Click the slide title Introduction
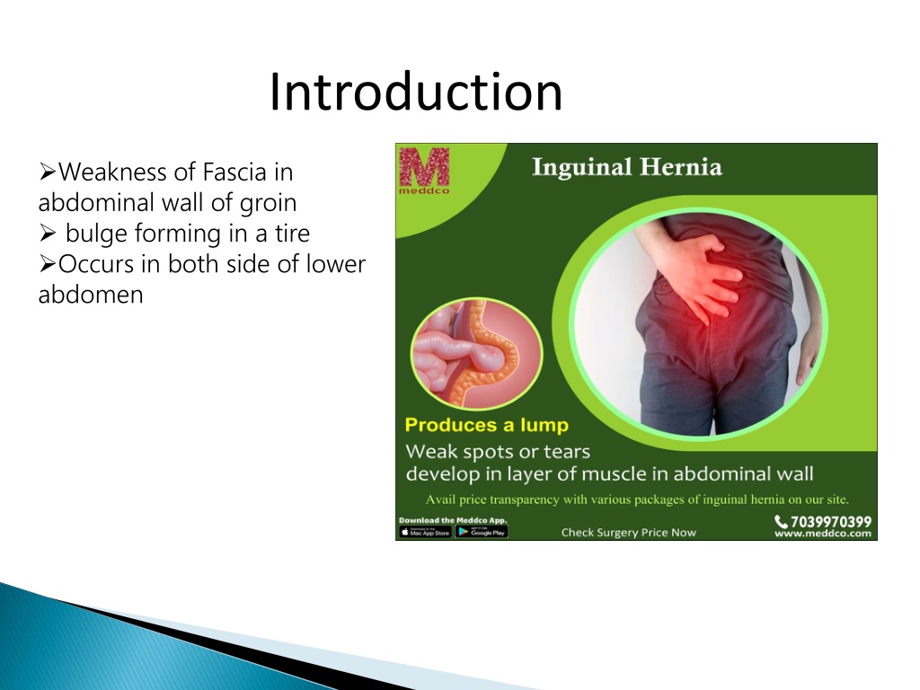coord(415,93)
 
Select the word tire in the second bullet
coord(292,234)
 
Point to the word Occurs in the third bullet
coord(96,264)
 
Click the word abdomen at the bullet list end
coord(91,295)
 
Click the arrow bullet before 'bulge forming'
coord(48,234)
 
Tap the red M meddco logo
coord(424,171)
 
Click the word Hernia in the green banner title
coord(681,167)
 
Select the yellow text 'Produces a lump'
coord(486,425)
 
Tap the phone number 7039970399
coord(831,522)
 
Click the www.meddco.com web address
coord(823,534)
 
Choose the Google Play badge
coord(482,532)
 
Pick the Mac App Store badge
coord(425,532)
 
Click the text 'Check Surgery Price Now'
coord(628,533)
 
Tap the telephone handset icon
coord(781,521)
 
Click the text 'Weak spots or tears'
coord(498,452)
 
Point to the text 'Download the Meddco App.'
coord(453,520)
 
